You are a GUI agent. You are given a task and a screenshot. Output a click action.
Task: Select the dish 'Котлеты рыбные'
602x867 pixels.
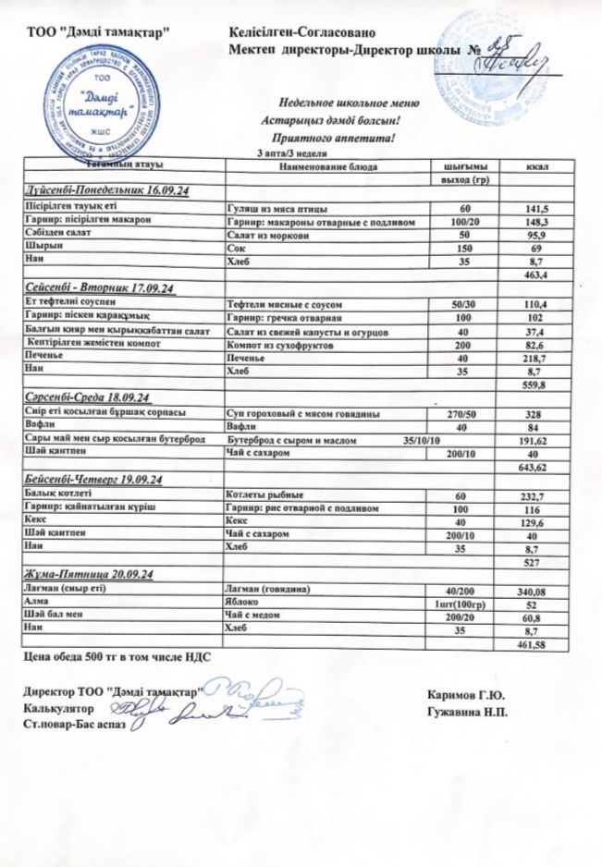tap(265, 496)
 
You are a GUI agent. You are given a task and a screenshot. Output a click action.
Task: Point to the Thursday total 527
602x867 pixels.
tap(532, 562)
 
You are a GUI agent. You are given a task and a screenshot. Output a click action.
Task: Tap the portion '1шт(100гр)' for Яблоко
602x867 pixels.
tap(460, 603)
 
